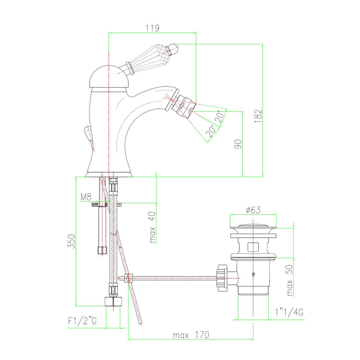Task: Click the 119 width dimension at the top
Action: tap(152, 28)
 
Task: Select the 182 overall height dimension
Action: tap(258, 116)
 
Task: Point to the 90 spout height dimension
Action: tap(238, 144)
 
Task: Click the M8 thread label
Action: tap(86, 197)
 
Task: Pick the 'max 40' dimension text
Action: tap(152, 227)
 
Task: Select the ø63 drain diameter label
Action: tap(253, 210)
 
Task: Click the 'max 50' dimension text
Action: tap(290, 280)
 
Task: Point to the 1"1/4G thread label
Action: tap(289, 312)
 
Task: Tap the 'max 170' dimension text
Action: tap(191, 335)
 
